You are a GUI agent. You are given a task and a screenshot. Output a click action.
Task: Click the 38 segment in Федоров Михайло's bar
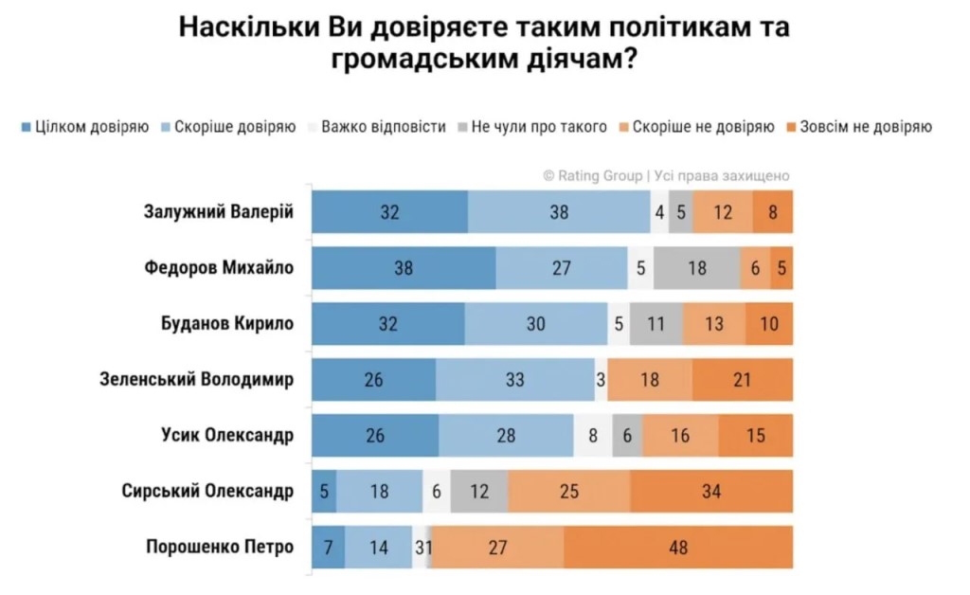(x=404, y=268)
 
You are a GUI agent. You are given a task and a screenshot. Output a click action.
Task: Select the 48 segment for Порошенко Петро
(x=678, y=547)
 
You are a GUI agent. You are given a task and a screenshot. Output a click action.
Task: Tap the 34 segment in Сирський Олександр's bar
(x=711, y=491)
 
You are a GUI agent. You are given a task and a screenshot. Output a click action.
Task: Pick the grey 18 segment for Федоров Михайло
(x=696, y=268)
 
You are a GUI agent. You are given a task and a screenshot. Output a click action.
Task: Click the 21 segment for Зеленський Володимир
(x=743, y=379)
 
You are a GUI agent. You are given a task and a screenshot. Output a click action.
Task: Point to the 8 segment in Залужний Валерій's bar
(x=773, y=212)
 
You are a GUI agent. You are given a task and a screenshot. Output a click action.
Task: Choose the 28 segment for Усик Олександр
(x=506, y=436)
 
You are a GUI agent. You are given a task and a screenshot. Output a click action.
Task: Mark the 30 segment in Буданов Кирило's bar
(x=536, y=323)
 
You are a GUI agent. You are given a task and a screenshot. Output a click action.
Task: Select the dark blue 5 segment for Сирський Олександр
(x=324, y=491)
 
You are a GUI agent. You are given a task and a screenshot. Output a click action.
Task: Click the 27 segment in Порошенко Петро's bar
(x=498, y=547)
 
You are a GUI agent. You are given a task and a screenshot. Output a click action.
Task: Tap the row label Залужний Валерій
(x=219, y=212)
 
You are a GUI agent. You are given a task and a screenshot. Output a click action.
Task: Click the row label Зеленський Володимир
(x=197, y=379)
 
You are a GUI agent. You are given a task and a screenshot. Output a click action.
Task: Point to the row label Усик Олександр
(x=227, y=436)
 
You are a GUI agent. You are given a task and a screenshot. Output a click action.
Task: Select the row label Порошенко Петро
(x=220, y=547)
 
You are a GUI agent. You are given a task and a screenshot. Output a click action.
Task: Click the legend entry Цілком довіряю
(x=85, y=127)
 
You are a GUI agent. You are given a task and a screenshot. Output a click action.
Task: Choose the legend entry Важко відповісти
(x=377, y=127)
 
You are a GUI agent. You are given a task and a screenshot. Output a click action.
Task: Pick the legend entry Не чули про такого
(x=532, y=127)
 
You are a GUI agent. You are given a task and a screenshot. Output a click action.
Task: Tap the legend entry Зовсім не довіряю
(x=859, y=127)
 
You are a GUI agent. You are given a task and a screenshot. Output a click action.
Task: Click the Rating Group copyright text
(x=666, y=175)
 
